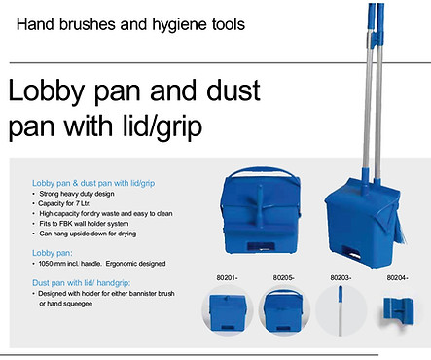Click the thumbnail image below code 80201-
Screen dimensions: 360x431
[226, 319]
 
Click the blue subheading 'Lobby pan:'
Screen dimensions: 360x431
[51, 252]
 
